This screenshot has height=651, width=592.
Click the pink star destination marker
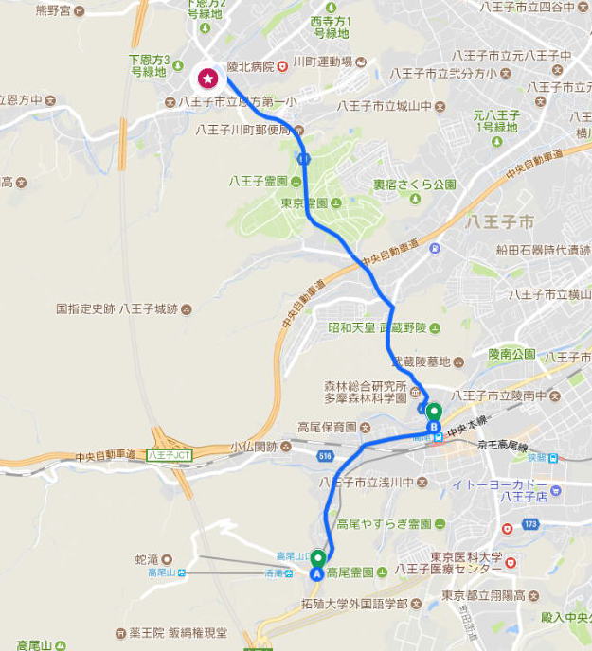coord(206,78)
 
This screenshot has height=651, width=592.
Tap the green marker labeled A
coord(316,562)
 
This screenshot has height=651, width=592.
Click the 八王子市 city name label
coord(499,221)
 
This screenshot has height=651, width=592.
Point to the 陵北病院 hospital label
coord(250,66)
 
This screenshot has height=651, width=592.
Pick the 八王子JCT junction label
coord(170,455)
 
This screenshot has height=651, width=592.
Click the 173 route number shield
coord(529,522)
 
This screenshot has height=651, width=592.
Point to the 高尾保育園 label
coord(326,427)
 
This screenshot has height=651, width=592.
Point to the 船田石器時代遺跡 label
coord(544,250)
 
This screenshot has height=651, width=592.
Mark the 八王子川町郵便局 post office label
coord(243,130)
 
